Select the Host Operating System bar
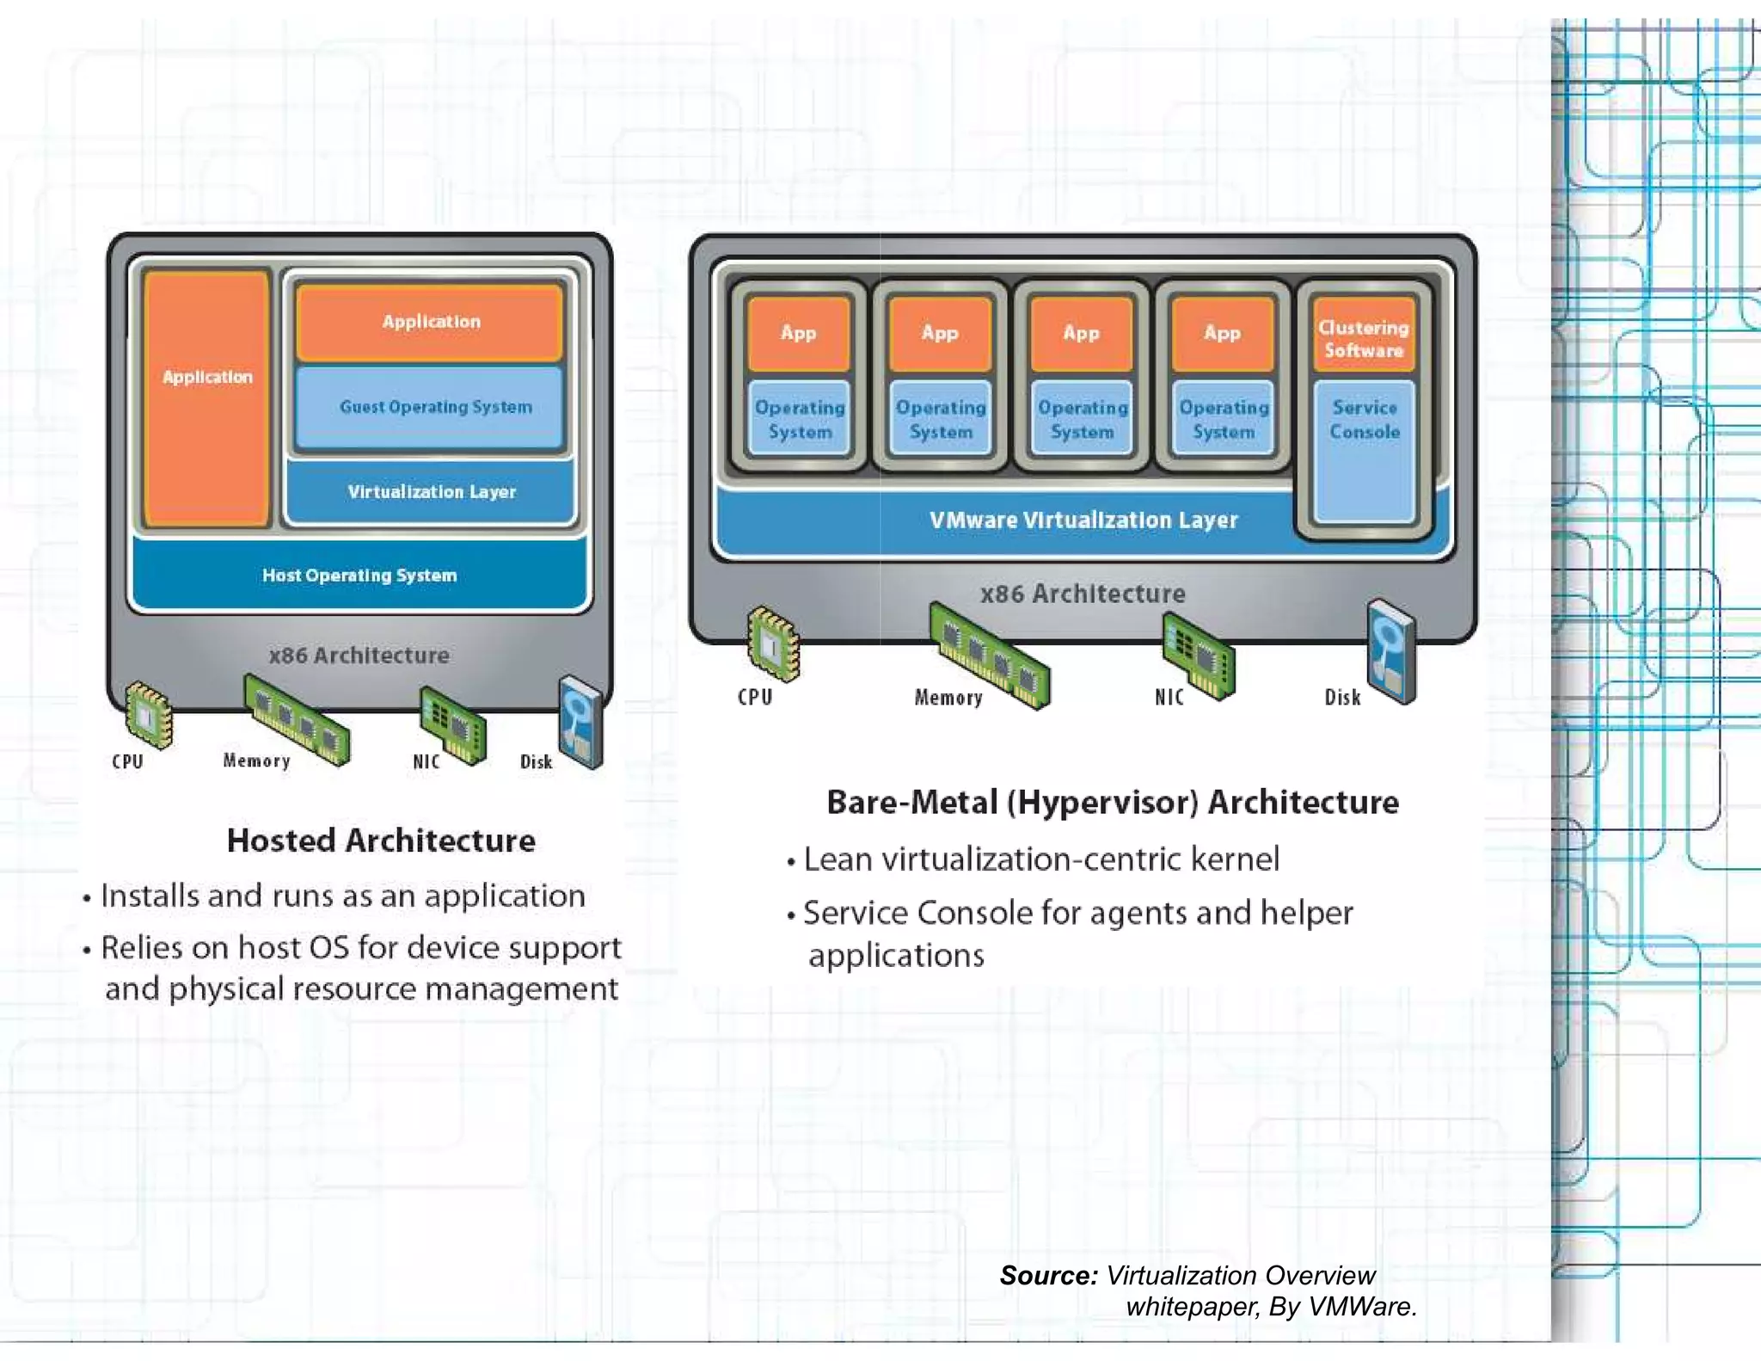tap(359, 575)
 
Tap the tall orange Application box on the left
tap(206, 397)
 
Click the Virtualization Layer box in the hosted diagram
tap(431, 492)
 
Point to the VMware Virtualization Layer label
tap(1083, 520)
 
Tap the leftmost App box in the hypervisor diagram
tap(799, 333)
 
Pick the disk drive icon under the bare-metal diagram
tap(1390, 652)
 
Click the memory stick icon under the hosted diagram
tap(297, 719)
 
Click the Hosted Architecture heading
tap(381, 841)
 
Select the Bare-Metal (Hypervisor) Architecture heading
tap(1112, 802)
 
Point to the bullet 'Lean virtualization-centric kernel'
tap(1040, 859)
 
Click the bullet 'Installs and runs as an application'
tap(342, 896)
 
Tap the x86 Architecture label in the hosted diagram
tap(359, 656)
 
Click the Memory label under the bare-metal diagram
tap(948, 698)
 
